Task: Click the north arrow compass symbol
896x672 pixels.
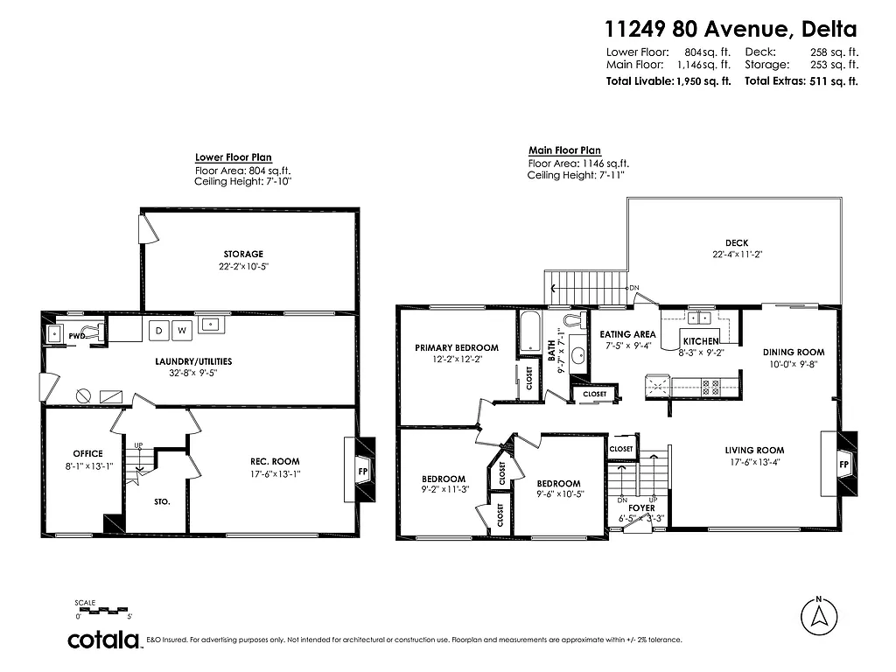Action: pos(818,616)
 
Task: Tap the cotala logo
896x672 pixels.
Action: pos(105,640)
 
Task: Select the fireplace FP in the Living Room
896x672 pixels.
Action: pos(843,463)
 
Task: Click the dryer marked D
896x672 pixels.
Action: pos(159,330)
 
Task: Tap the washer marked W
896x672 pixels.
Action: pos(182,330)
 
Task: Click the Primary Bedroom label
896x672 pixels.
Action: pos(456,347)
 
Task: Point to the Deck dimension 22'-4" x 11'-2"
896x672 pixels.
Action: pos(736,255)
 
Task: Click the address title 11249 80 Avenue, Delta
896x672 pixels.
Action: pos(731,30)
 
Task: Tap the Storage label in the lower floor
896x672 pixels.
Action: pos(243,254)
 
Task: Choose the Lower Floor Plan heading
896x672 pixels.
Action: pos(227,157)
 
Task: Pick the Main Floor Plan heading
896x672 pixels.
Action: pos(564,150)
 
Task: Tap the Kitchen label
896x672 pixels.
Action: pos(700,341)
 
